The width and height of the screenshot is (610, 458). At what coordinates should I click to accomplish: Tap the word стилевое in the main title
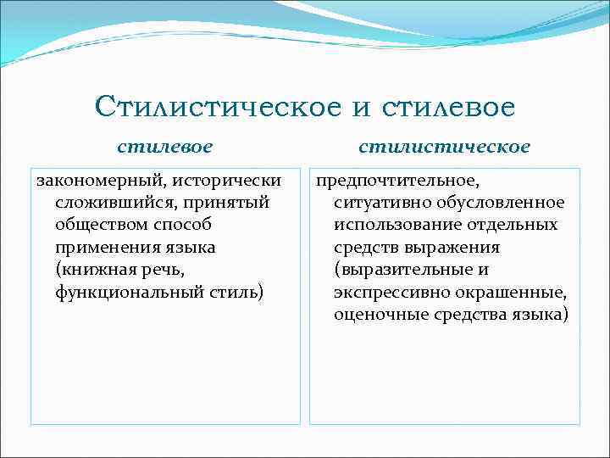449,107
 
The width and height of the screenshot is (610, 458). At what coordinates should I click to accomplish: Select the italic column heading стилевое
165,147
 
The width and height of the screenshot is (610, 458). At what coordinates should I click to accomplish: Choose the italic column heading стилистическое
445,147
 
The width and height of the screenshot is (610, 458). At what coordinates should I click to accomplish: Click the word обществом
98,226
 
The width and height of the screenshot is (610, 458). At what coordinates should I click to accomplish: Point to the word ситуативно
378,203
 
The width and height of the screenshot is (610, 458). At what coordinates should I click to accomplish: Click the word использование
391,226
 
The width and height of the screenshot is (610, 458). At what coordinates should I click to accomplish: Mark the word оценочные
373,315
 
